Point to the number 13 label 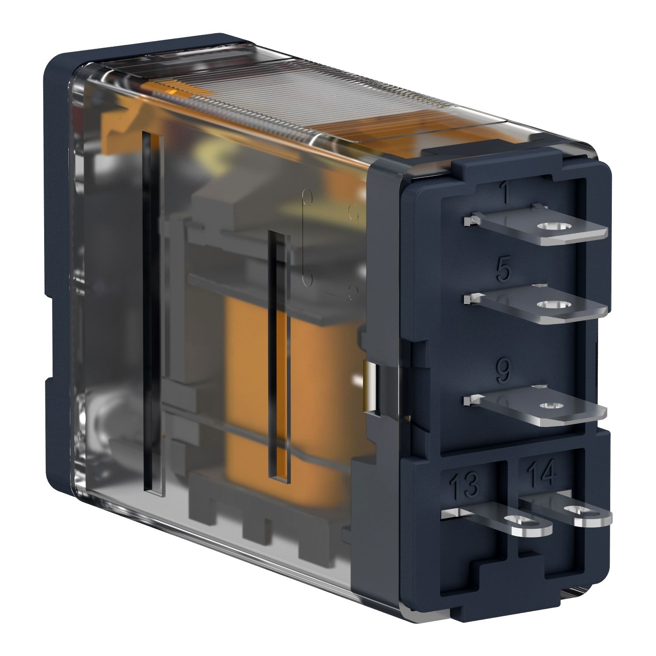(x=464, y=486)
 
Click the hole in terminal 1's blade (x=549, y=227)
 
